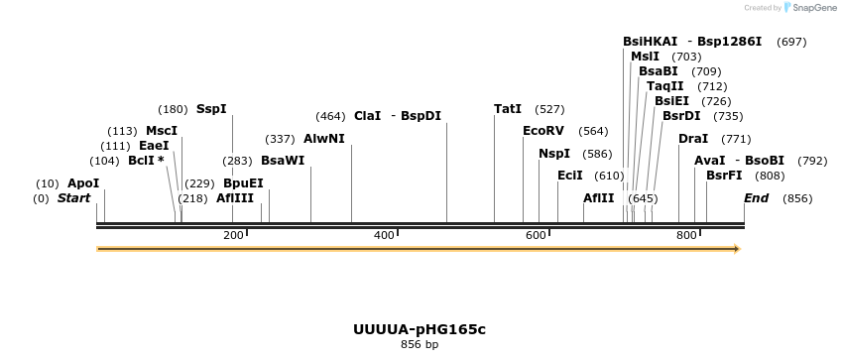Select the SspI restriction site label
(x=211, y=108)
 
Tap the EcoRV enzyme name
(x=542, y=131)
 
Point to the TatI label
(x=508, y=108)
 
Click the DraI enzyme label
(x=693, y=139)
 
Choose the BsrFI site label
(x=724, y=176)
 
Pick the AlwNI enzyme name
(x=324, y=139)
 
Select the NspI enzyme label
(x=554, y=154)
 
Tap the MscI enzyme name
(x=162, y=131)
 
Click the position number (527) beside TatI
(x=549, y=109)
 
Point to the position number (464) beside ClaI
(x=329, y=116)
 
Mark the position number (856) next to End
(x=797, y=199)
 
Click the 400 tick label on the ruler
(x=385, y=235)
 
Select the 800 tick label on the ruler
(x=686, y=235)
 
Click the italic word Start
(x=73, y=198)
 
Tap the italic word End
(x=756, y=198)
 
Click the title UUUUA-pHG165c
(x=420, y=329)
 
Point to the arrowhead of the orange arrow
(x=737, y=249)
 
